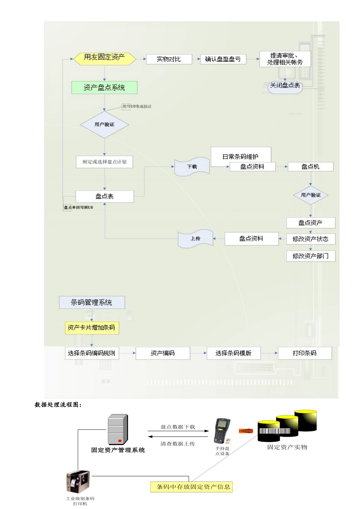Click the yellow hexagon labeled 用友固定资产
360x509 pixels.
point(104,58)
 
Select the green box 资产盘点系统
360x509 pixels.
point(104,87)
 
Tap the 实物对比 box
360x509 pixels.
point(169,59)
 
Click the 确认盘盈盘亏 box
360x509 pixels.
point(223,59)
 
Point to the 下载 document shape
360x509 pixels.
point(192,167)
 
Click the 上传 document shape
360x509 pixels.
point(195,239)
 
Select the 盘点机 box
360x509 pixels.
point(310,167)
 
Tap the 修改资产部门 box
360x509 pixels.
point(310,256)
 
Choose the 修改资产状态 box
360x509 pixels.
point(310,239)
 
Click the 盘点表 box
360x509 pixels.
point(105,197)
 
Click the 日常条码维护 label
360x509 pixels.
point(241,156)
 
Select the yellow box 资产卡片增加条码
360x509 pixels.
point(91,328)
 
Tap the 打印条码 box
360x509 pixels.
point(305,353)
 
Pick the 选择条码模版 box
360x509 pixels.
point(233,353)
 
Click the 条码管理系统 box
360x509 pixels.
point(92,303)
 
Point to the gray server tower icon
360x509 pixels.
point(117,430)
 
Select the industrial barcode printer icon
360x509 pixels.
point(78,482)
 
